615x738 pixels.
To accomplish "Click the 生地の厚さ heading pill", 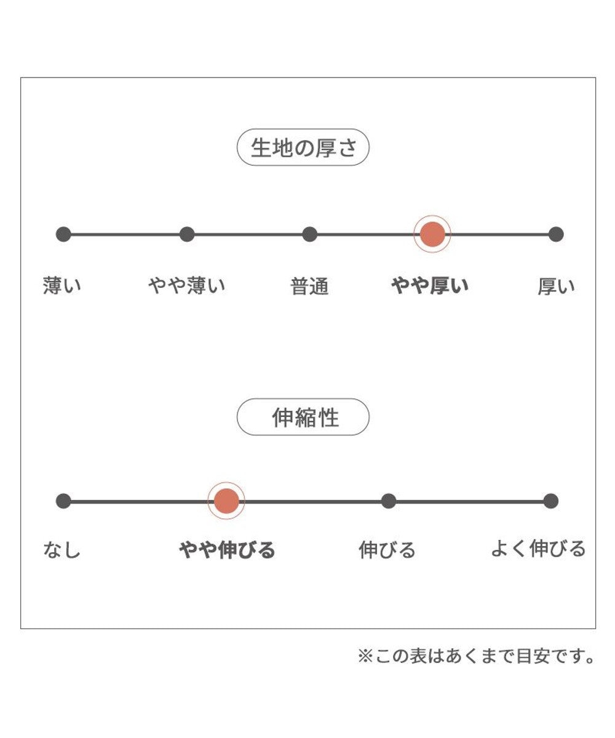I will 303,148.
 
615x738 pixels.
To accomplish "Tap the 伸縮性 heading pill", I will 303,418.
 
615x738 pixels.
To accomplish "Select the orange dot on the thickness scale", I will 432,234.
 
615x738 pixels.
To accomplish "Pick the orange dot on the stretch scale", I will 226,501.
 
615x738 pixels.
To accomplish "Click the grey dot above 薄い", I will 63,234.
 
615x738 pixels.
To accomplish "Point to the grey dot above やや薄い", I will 187,234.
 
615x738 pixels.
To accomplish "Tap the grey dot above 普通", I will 310,234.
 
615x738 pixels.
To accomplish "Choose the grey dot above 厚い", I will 556,234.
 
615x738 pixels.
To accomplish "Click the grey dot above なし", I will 63,501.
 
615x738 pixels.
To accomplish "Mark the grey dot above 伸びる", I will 388,501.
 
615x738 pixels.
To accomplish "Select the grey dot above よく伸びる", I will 551,501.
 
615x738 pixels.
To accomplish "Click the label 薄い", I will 62,286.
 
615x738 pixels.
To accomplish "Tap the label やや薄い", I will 187,286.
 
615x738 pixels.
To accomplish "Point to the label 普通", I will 310,287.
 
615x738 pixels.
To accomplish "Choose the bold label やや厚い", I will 430,286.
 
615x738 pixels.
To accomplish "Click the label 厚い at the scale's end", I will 556,287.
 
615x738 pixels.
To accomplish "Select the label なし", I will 62,550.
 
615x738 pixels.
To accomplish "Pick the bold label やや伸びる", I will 227,550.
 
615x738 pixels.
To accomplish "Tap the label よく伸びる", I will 538,549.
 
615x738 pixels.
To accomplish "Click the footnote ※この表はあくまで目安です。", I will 476,657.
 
